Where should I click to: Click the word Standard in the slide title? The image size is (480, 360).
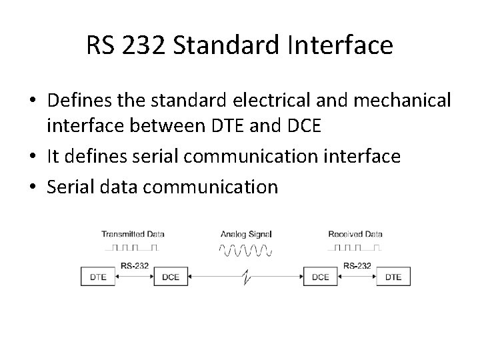(233, 46)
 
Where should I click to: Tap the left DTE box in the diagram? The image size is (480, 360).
(99, 276)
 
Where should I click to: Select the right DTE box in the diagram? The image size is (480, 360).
(393, 276)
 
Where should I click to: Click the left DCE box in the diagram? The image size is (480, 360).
(171, 276)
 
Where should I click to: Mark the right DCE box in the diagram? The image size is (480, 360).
(321, 276)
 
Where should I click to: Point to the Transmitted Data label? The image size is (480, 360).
(133, 234)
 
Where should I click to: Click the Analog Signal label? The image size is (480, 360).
(246, 234)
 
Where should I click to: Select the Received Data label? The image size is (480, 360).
(356, 234)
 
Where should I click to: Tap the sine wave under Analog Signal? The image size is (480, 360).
(245, 250)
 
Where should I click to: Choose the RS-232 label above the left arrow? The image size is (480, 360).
(135, 265)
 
